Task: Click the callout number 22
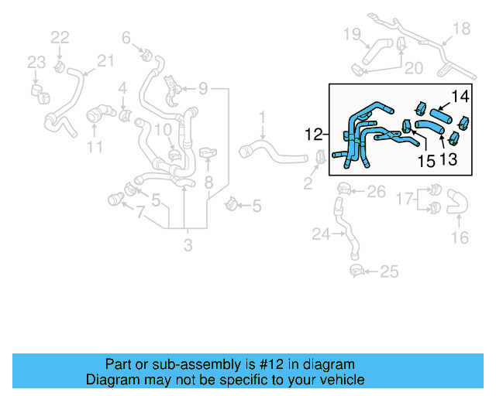pyautogui.click(x=60, y=36)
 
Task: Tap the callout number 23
pyautogui.click(x=37, y=63)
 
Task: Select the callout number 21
pyautogui.click(x=105, y=60)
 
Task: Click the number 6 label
pyautogui.click(x=126, y=36)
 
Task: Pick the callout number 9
pyautogui.click(x=203, y=89)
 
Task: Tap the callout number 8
pyautogui.click(x=208, y=183)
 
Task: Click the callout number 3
pyautogui.click(x=188, y=247)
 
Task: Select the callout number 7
pyautogui.click(x=139, y=212)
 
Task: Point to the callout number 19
pyautogui.click(x=352, y=33)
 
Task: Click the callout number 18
pyautogui.click(x=461, y=29)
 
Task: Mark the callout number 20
pyautogui.click(x=413, y=68)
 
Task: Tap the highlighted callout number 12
pyautogui.click(x=315, y=135)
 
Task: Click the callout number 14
pyautogui.click(x=460, y=97)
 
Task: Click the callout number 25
pyautogui.click(x=389, y=271)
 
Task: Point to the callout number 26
pyautogui.click(x=375, y=191)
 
